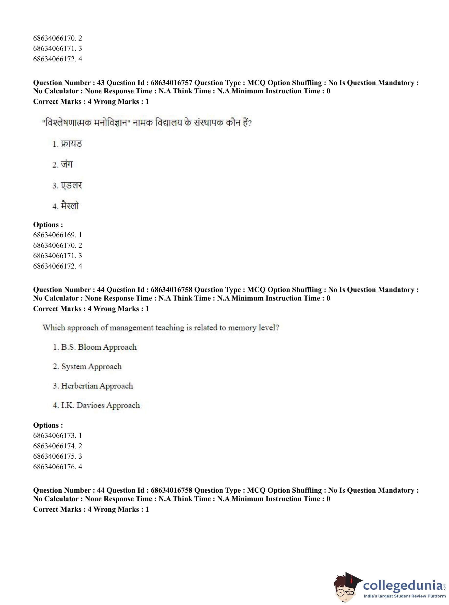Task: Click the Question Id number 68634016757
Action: [171, 83]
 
